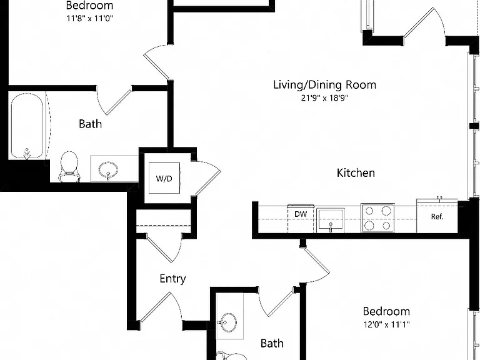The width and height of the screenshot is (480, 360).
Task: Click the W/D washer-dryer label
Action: click(x=164, y=179)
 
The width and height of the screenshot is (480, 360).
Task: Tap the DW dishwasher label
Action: click(x=301, y=214)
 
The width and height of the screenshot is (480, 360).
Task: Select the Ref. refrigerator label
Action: click(x=437, y=216)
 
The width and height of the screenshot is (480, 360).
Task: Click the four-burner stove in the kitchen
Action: click(x=377, y=218)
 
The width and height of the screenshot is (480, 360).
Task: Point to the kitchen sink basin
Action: click(x=331, y=219)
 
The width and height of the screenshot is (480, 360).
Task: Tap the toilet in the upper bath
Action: click(x=69, y=167)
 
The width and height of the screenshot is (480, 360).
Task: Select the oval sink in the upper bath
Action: click(x=108, y=170)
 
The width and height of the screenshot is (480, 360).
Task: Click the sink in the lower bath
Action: click(x=227, y=322)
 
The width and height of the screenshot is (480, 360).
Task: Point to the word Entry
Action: click(x=172, y=279)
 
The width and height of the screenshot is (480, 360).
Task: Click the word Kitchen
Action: click(x=356, y=173)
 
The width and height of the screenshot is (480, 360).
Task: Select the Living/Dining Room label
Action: click(x=325, y=84)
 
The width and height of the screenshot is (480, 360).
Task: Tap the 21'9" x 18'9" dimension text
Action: click(x=325, y=98)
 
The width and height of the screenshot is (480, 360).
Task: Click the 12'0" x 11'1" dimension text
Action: click(x=387, y=324)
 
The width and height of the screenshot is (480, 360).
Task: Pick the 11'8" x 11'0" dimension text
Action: click(x=90, y=18)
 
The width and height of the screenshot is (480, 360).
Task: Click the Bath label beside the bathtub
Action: click(x=90, y=124)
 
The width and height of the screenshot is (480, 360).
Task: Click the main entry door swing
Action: click(x=161, y=307)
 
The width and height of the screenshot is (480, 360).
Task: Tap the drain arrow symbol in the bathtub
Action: click(x=27, y=154)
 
